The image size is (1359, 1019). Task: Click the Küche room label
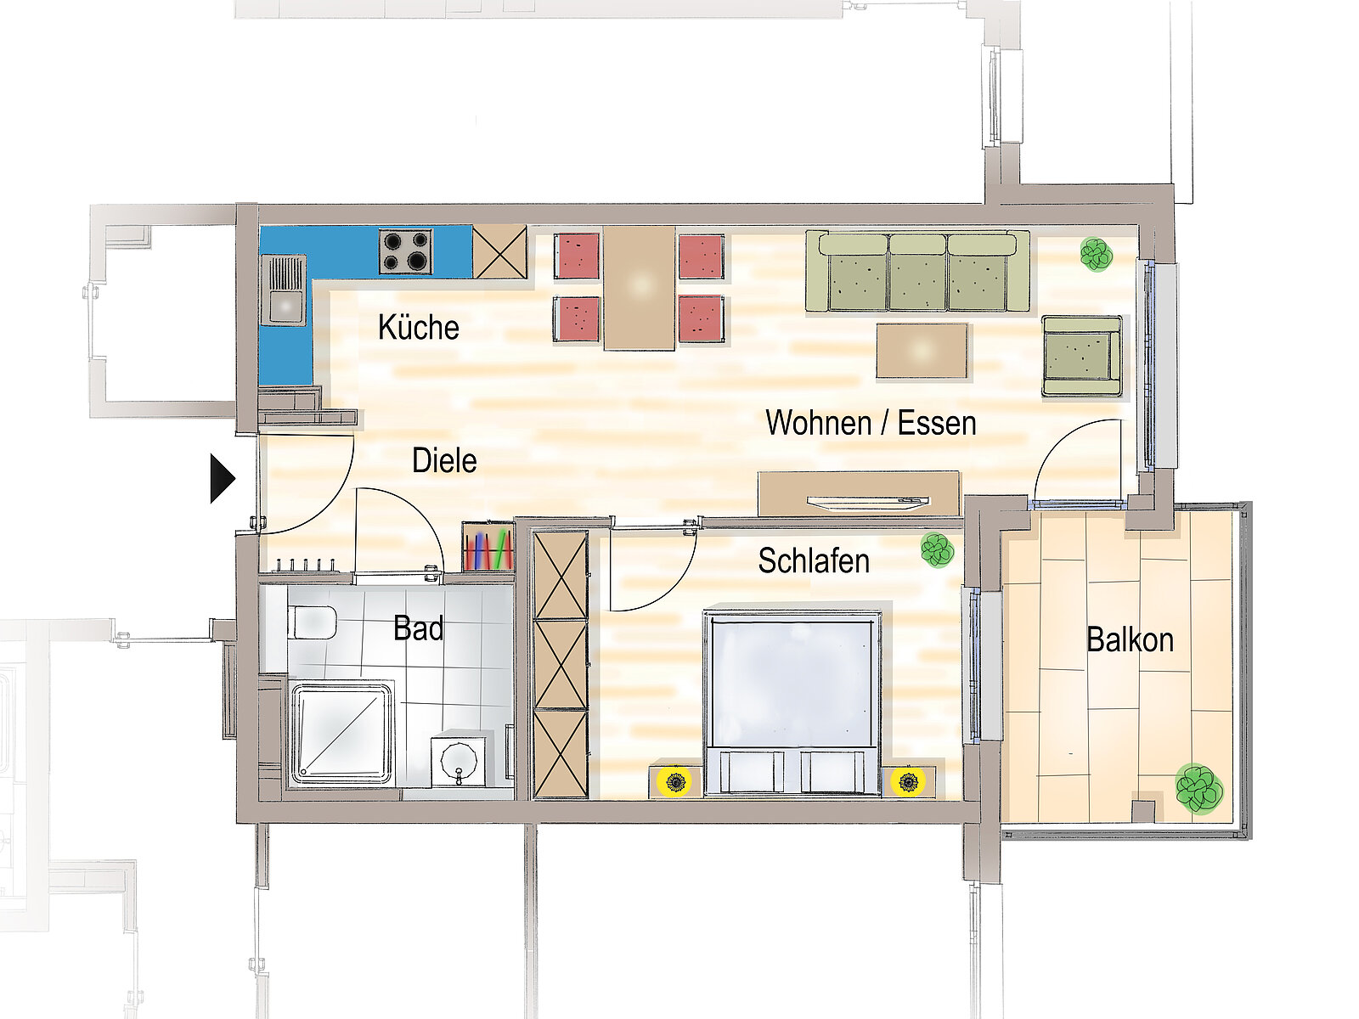[419, 327]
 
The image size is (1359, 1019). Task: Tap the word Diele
[444, 460]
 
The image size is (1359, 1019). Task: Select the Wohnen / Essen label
[871, 423]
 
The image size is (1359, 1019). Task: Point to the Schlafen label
[814, 560]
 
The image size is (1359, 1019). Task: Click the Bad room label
[419, 628]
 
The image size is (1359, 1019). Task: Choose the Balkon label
[1130, 639]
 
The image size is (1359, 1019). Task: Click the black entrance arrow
[223, 478]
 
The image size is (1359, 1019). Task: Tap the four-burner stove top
[405, 252]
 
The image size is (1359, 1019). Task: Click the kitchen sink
[284, 290]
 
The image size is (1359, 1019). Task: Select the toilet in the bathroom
[312, 622]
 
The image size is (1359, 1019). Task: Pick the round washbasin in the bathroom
[459, 760]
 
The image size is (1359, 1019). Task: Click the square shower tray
[342, 733]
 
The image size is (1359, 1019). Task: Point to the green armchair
[1081, 357]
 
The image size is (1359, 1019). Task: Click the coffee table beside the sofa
[922, 351]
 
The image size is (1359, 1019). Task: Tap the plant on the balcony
[1199, 790]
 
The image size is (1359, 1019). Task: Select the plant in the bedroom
[938, 549]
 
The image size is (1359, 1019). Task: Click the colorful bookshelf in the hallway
[488, 546]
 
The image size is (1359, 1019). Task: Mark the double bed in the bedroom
[792, 703]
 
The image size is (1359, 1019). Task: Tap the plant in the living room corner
[1097, 254]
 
